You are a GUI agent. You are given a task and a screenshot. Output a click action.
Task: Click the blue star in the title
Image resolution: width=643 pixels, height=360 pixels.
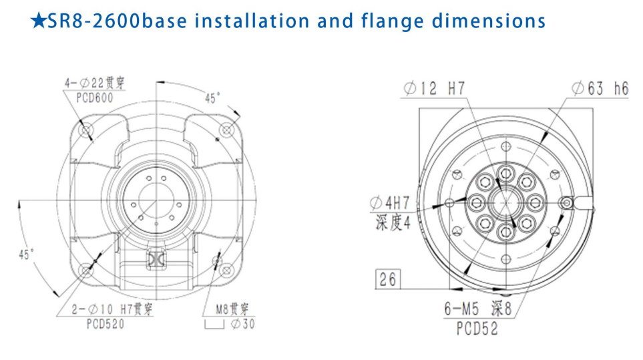(x=39, y=21)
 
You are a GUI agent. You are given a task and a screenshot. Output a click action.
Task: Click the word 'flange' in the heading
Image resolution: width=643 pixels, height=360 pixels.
(x=392, y=21)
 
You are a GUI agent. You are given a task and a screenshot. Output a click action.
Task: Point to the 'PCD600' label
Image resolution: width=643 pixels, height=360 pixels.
(x=95, y=98)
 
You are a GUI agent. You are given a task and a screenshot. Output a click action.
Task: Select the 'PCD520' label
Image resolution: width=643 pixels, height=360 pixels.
(x=105, y=324)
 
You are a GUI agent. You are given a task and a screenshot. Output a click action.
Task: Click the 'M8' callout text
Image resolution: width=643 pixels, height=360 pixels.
(x=222, y=309)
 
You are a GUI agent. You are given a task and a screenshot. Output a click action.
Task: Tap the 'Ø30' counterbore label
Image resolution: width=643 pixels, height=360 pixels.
(x=243, y=324)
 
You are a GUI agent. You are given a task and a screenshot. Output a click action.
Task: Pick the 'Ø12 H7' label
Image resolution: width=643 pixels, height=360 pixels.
(x=434, y=88)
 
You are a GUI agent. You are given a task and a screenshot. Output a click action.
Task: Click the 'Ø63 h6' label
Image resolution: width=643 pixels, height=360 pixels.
(x=600, y=88)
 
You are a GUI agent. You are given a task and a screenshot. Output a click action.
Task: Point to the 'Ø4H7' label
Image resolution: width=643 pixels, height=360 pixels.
(x=389, y=202)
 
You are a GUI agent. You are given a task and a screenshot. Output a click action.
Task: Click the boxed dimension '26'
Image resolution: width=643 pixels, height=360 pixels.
(x=388, y=279)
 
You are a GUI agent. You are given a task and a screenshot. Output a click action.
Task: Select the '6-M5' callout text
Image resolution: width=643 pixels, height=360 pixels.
(x=461, y=309)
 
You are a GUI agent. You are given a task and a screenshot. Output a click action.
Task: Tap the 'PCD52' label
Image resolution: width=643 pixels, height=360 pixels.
(x=477, y=328)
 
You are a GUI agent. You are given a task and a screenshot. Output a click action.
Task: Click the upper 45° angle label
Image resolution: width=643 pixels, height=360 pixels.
(x=212, y=98)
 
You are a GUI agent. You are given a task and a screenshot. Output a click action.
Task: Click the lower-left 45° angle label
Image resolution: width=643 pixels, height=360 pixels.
(x=26, y=254)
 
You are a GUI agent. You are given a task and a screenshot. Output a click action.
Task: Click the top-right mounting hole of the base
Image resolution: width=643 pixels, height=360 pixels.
(x=227, y=130)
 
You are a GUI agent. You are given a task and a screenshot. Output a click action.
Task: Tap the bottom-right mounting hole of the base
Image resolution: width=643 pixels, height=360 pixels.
(x=226, y=271)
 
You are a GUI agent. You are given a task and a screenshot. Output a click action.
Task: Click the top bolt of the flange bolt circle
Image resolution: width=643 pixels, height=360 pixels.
(x=506, y=174)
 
